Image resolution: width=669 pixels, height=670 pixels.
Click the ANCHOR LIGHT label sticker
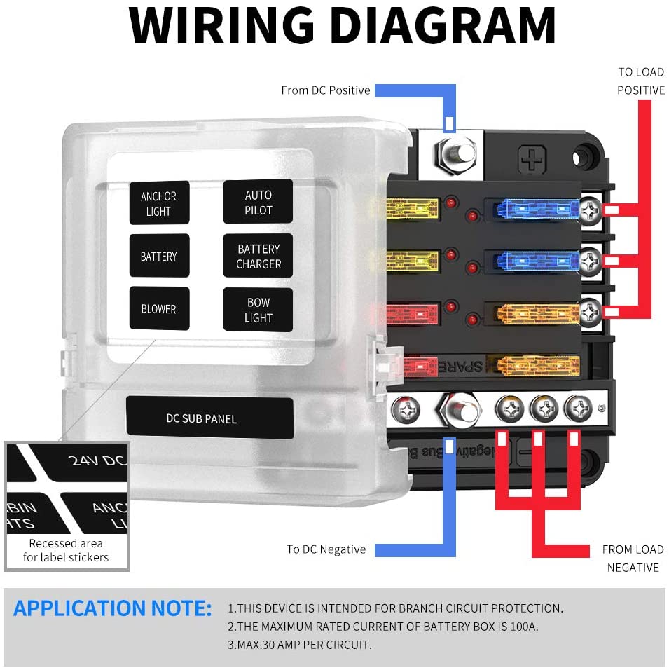[159, 204]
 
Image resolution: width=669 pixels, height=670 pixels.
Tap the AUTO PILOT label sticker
[258, 202]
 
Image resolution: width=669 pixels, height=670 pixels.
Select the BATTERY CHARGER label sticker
[258, 257]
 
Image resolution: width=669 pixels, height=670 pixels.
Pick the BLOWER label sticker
[159, 309]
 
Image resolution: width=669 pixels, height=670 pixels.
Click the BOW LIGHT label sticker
[258, 310]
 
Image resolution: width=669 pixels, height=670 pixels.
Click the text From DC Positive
[325, 90]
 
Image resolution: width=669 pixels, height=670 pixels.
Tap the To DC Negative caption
[326, 549]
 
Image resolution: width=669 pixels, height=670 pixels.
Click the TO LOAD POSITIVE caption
[640, 81]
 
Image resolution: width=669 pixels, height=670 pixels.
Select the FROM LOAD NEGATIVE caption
[632, 558]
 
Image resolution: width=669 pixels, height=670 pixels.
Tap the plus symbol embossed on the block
[532, 160]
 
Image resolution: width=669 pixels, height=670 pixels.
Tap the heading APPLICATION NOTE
[112, 608]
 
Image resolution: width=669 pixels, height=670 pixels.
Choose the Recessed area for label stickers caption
[66, 550]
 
